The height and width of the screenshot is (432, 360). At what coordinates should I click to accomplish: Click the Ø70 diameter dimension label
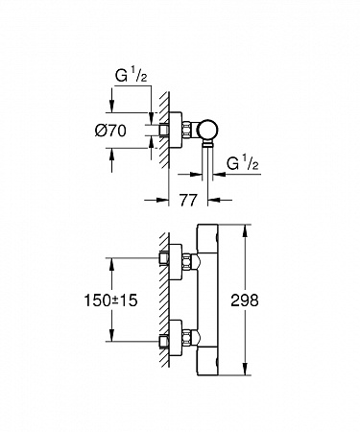click(x=110, y=131)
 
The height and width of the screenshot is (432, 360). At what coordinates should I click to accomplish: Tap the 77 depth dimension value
click(x=187, y=201)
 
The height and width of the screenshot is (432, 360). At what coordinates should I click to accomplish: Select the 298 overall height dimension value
click(x=245, y=300)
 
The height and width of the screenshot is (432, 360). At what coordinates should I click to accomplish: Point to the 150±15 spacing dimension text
click(x=110, y=300)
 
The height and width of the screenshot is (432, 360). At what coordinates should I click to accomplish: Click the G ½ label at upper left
click(x=132, y=76)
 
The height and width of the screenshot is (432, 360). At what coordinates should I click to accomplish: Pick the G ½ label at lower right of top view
click(x=243, y=163)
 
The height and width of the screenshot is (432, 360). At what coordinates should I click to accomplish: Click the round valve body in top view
click(x=207, y=132)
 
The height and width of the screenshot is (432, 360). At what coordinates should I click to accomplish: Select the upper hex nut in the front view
click(x=187, y=260)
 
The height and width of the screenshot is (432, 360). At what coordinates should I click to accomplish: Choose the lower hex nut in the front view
click(x=187, y=338)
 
